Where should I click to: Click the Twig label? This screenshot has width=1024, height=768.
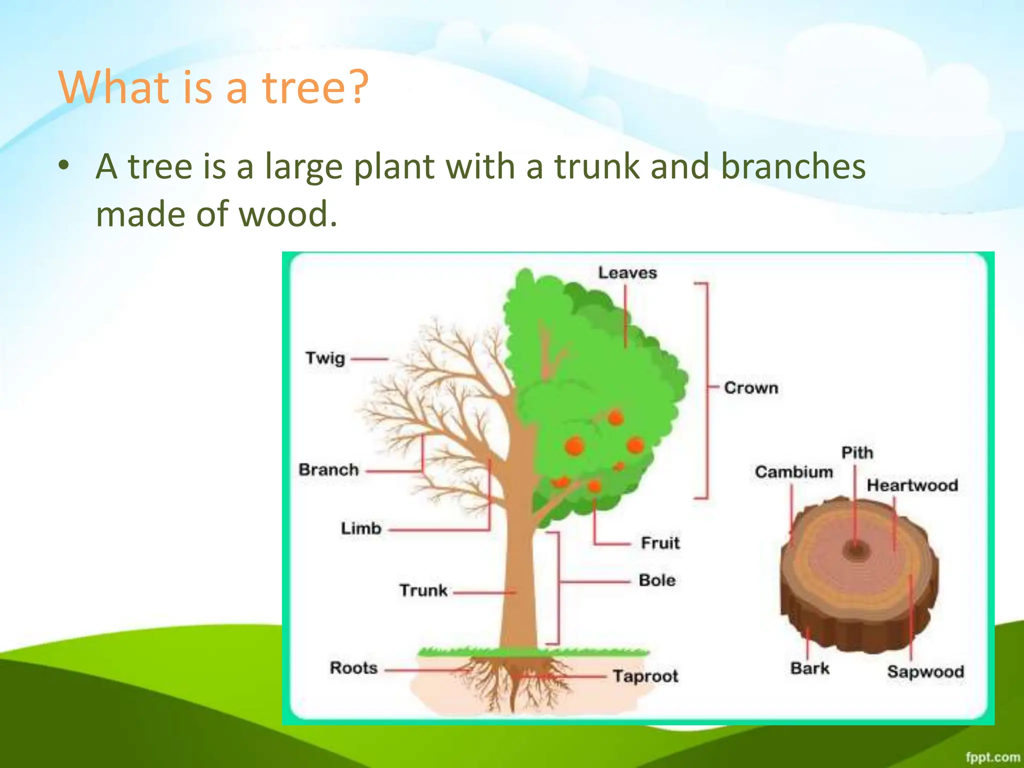click(x=325, y=358)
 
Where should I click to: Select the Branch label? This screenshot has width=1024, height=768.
click(x=328, y=470)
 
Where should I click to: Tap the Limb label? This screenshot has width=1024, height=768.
click(x=361, y=528)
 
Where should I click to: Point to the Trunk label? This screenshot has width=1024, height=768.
click(x=423, y=590)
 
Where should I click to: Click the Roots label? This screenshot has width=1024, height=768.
click(x=353, y=668)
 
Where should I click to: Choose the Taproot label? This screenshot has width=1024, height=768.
click(x=645, y=676)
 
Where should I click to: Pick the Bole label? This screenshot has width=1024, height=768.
click(x=657, y=580)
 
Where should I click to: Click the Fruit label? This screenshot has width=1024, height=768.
click(x=660, y=543)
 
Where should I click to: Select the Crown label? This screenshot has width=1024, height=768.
click(x=751, y=388)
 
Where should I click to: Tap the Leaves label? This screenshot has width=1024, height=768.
click(x=627, y=273)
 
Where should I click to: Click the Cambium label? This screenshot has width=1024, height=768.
click(x=793, y=472)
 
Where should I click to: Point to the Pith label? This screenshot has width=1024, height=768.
click(x=857, y=453)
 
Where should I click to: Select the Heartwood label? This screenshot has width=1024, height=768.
click(x=912, y=485)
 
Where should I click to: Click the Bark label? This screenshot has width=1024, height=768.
click(x=809, y=668)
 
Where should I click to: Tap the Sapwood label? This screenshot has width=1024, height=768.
click(x=925, y=671)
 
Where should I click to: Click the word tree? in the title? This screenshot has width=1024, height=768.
click(x=315, y=87)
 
